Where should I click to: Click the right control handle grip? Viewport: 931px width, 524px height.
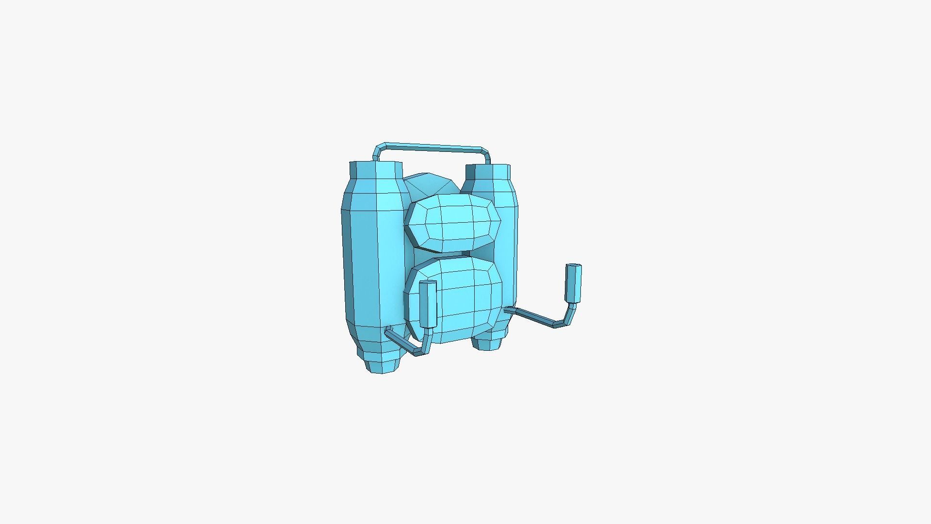click(573, 284)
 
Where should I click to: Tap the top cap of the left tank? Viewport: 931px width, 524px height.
click(376, 169)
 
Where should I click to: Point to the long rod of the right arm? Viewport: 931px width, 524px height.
click(533, 315)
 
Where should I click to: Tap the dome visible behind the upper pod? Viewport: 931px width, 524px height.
click(429, 184)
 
